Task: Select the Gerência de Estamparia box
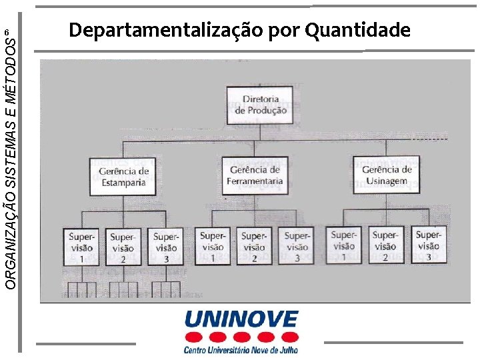click(x=123, y=176)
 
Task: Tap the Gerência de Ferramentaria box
click(x=255, y=175)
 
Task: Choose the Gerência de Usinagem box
click(x=387, y=175)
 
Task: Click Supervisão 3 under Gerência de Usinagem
click(x=428, y=245)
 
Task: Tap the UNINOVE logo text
click(x=241, y=319)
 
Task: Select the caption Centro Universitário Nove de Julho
click(x=241, y=349)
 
